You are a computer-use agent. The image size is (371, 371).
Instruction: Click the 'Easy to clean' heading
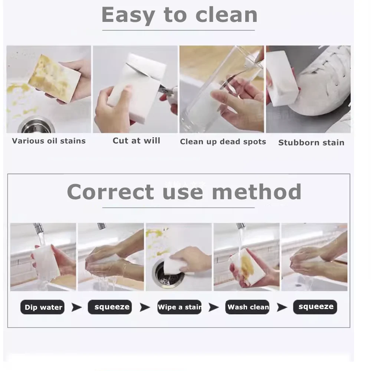(x=179, y=15)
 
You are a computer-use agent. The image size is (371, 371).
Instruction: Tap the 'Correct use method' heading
(x=184, y=192)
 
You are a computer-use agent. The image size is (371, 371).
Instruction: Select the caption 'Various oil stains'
(x=49, y=141)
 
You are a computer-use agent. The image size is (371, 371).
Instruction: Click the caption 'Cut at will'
(x=136, y=141)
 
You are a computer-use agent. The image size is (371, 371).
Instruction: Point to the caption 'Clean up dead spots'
(x=223, y=142)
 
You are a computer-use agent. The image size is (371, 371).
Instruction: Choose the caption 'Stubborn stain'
(x=311, y=142)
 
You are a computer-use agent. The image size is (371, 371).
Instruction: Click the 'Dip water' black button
(x=43, y=307)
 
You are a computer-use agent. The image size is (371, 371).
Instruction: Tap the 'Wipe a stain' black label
(x=179, y=307)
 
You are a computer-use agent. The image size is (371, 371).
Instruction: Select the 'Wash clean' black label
(x=247, y=307)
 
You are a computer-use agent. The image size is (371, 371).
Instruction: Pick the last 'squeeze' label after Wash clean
(x=315, y=307)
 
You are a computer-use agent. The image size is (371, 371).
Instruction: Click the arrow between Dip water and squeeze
(x=76, y=307)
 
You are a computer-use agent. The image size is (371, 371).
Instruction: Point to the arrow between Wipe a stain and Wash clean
(x=213, y=307)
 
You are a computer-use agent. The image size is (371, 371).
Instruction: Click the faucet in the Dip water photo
(x=38, y=229)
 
